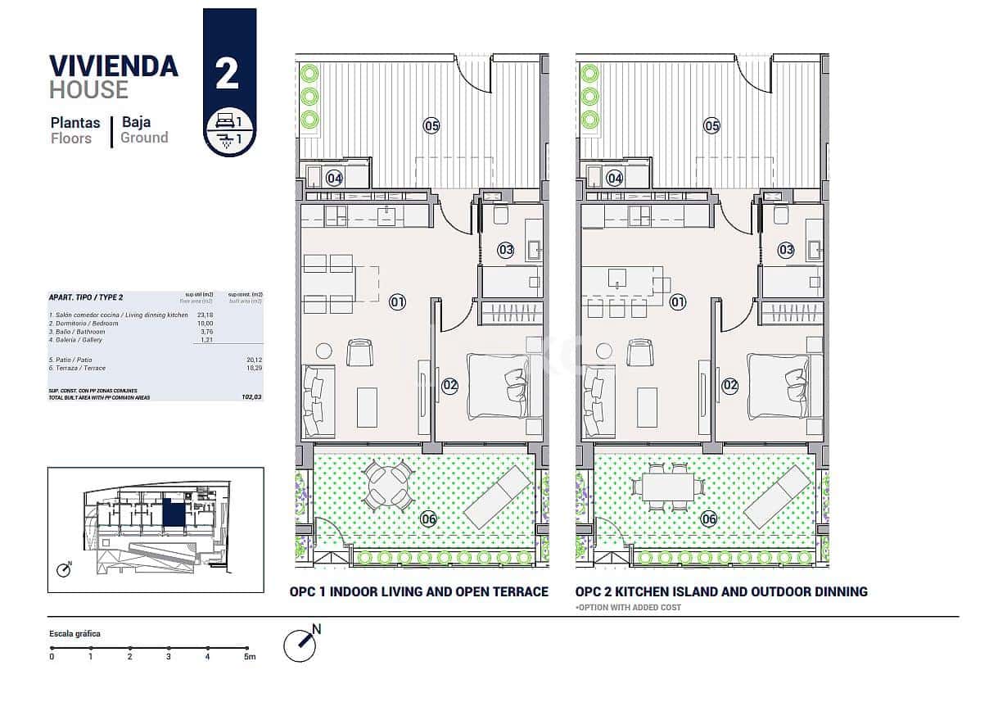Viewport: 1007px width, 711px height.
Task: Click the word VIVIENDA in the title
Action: tap(114, 66)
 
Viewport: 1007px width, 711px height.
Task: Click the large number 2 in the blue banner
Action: tap(228, 74)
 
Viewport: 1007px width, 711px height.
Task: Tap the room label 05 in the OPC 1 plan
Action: tap(431, 125)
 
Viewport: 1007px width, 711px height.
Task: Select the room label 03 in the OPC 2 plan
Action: tap(786, 250)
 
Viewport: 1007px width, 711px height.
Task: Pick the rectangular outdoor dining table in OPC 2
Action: tap(667, 487)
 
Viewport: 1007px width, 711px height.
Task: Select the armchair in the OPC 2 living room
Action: tap(640, 353)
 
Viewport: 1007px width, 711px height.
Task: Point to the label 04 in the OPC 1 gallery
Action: tap(334, 178)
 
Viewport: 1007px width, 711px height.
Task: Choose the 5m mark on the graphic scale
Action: tap(248, 655)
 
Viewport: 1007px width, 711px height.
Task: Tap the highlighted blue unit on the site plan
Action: tap(173, 514)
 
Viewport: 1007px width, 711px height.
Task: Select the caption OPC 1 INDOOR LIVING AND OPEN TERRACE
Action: tap(419, 591)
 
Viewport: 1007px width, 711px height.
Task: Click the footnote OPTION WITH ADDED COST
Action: tap(628, 608)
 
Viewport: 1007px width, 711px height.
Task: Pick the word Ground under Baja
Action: tap(144, 138)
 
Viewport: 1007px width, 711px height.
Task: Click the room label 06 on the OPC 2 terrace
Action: tap(709, 519)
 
